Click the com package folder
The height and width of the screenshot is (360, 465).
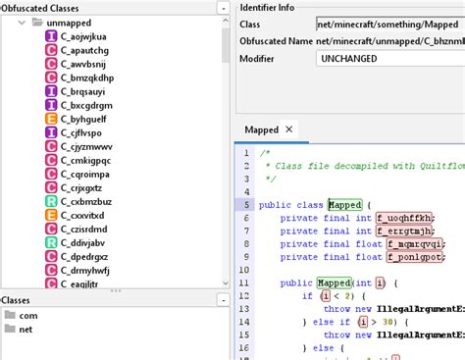coord(27,316)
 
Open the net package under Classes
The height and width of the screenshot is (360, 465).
coord(26,330)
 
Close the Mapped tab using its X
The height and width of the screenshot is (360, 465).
coord(288,129)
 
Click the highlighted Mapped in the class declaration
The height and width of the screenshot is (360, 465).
coord(345,204)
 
